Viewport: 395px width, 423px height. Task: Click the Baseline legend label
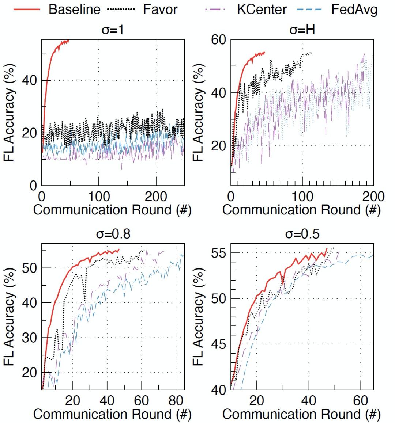74,9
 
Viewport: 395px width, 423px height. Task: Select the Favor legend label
160,9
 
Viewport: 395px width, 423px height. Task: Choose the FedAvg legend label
354,9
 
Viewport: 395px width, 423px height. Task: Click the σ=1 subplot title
113,30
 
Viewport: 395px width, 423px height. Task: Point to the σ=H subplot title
302,30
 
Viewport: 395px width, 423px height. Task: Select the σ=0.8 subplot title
113,234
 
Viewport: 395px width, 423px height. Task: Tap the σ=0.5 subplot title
302,234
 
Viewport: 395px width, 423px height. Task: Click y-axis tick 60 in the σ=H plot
218,40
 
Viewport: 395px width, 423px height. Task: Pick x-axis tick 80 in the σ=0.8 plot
176,401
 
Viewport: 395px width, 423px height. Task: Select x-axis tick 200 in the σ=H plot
372,197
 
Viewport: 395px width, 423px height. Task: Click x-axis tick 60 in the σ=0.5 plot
360,401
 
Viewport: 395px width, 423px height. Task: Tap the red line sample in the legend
27,9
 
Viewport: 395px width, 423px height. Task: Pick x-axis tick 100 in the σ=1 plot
99,197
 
